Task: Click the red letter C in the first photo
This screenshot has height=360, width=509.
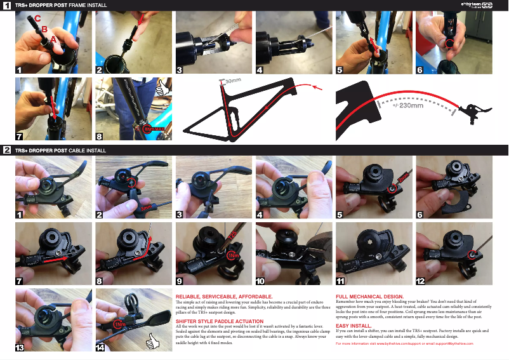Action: (x=37, y=19)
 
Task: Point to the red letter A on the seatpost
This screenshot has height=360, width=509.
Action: (x=53, y=39)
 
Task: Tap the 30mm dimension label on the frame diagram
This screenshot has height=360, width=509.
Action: (x=233, y=81)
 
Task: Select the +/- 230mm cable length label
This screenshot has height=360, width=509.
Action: (x=407, y=105)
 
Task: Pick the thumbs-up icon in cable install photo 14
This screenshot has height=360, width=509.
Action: (x=152, y=343)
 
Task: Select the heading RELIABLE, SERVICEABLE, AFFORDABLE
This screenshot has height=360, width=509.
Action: (x=224, y=297)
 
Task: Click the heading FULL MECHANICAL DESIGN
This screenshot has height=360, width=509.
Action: (x=369, y=297)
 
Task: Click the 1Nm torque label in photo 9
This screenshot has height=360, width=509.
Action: (x=233, y=255)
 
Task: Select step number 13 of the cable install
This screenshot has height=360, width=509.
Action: (x=20, y=347)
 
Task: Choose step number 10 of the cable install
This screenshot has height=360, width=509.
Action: (x=260, y=281)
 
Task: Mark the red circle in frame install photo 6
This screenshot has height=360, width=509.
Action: (x=449, y=44)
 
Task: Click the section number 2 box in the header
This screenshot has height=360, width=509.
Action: (x=6, y=150)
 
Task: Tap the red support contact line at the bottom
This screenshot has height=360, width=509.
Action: (x=404, y=343)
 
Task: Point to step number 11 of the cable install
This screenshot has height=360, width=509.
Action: (x=341, y=281)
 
